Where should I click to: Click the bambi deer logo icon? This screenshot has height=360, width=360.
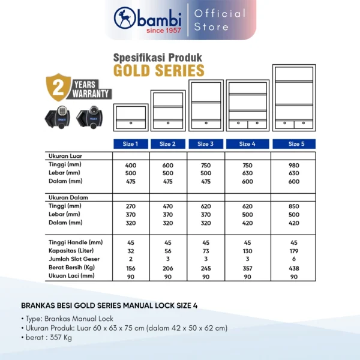pos(124,19)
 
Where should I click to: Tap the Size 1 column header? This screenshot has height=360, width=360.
pos(131,144)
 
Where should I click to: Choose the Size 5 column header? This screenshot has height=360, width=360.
pos(294,144)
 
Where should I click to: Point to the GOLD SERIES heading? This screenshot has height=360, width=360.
pos(158,71)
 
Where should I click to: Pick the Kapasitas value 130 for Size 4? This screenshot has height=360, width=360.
pos(245,250)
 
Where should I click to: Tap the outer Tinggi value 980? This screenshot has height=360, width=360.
pos(294,165)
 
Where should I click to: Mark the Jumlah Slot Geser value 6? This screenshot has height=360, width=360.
pos(294,259)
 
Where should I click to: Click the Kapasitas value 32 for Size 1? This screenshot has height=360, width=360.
pos(131,250)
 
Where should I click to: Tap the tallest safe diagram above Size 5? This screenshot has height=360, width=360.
pos(294,98)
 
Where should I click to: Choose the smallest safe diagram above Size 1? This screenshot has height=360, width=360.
pos(131,118)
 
